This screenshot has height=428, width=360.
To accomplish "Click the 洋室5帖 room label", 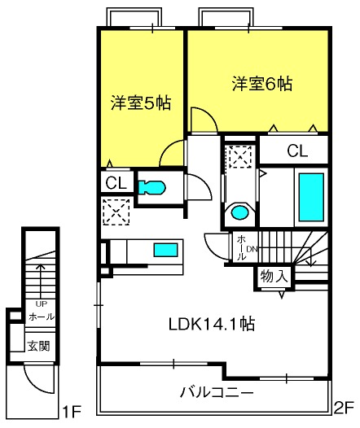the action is (141, 103).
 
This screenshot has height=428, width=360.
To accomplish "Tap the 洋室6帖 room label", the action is (262, 84).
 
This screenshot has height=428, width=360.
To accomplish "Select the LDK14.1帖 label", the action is (212, 324).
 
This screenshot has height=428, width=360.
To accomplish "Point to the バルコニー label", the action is (217, 393).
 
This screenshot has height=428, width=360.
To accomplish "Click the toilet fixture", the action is (151, 187).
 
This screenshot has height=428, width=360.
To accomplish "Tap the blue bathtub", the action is (311, 197).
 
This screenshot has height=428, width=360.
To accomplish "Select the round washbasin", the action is (239, 212).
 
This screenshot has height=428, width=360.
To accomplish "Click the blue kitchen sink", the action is (165, 250).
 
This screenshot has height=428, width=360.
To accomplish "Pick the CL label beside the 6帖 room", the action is (297, 151).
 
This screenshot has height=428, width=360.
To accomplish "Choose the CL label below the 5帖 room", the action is (116, 183).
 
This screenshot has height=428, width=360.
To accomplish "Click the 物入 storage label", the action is (274, 276).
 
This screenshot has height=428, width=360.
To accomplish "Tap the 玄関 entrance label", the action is (39, 346).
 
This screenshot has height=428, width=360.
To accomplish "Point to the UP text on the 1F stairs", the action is (42, 304).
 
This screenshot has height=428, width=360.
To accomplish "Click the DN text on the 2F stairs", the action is (252, 249).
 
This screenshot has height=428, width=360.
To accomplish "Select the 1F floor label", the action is (72, 413).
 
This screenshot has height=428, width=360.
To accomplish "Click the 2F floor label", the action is (345, 408).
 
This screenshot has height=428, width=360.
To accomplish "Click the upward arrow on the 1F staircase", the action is (41, 282).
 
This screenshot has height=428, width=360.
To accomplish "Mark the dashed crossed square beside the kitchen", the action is (116, 212).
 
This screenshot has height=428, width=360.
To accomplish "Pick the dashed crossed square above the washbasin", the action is (240, 157).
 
